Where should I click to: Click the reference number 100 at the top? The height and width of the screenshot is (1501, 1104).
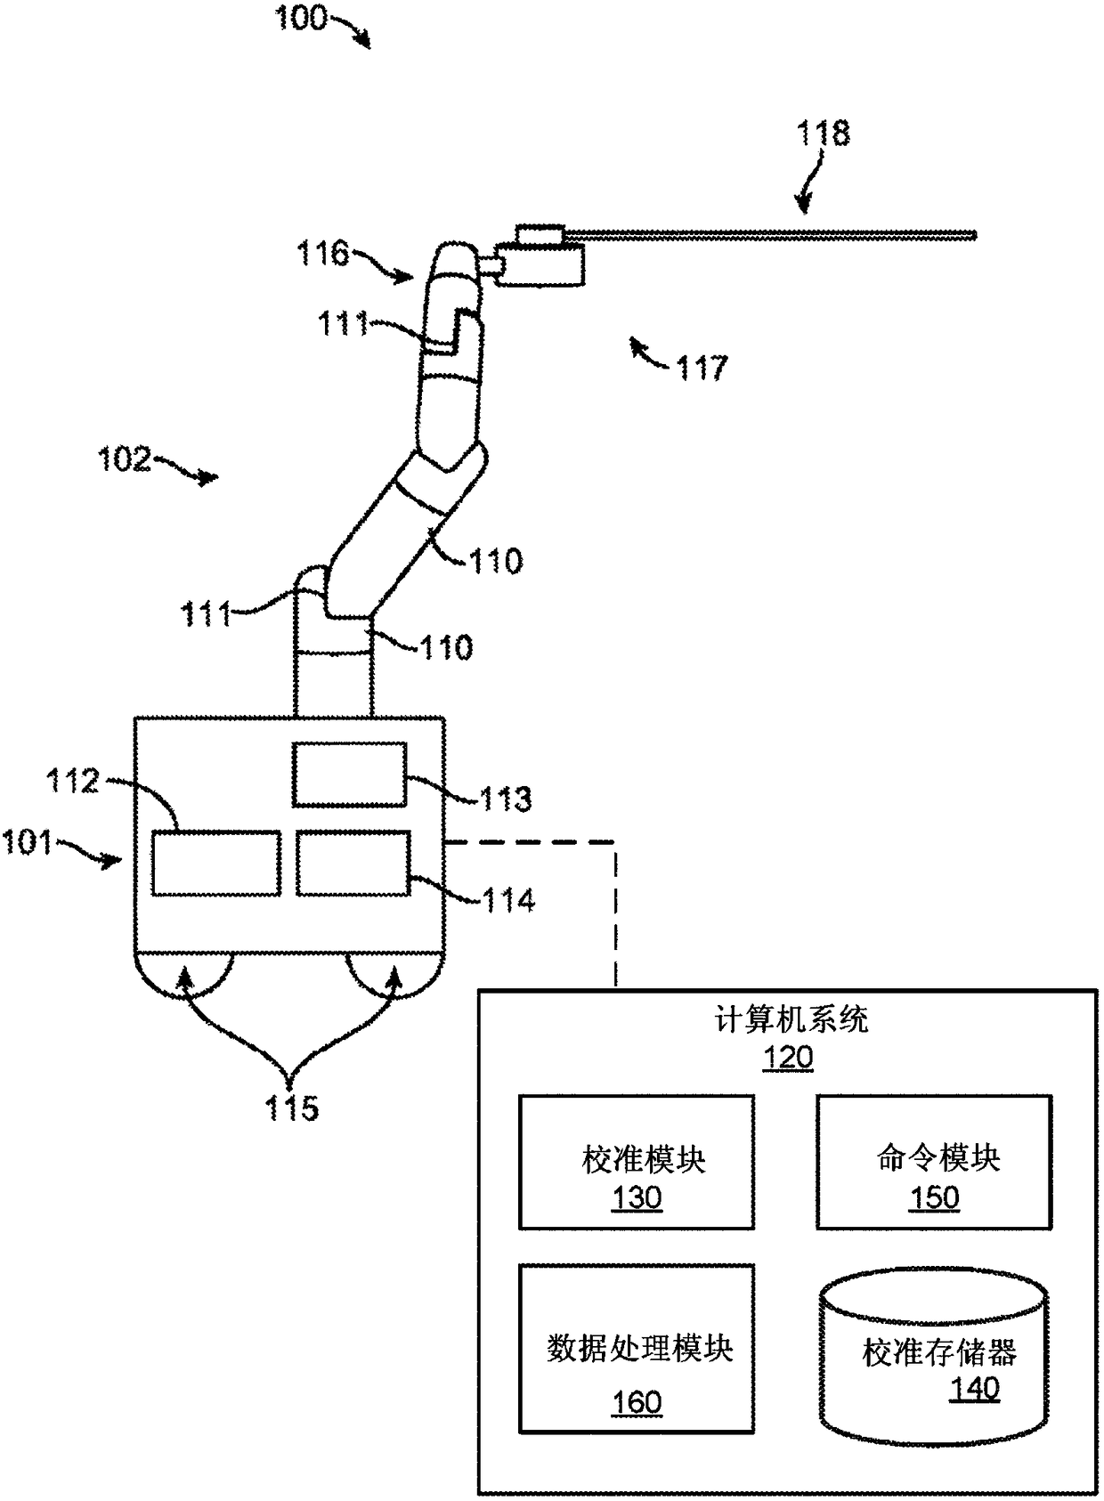point(301,18)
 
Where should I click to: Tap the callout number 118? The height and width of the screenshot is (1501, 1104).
point(824,134)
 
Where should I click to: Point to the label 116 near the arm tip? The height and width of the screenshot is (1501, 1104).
point(322,254)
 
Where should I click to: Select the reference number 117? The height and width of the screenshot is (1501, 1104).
point(702,367)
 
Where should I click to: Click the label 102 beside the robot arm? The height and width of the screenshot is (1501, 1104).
point(125,459)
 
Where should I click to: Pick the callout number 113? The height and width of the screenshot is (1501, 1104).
point(505,799)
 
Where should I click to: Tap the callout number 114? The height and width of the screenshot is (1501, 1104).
point(508,900)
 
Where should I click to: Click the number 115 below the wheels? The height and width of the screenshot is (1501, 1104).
point(291,1108)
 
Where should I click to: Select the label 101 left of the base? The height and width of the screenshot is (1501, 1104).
point(28,841)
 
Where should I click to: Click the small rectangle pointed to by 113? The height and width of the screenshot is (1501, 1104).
point(350,775)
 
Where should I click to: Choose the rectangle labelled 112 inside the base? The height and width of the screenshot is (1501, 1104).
point(216,863)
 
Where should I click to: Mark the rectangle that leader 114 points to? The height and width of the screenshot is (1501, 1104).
point(353,863)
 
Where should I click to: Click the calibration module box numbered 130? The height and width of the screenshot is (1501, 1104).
point(637,1163)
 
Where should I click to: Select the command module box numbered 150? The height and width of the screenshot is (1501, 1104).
point(934,1163)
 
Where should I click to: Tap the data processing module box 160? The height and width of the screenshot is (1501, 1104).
point(637,1349)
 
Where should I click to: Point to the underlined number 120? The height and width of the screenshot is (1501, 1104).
point(788,1058)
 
